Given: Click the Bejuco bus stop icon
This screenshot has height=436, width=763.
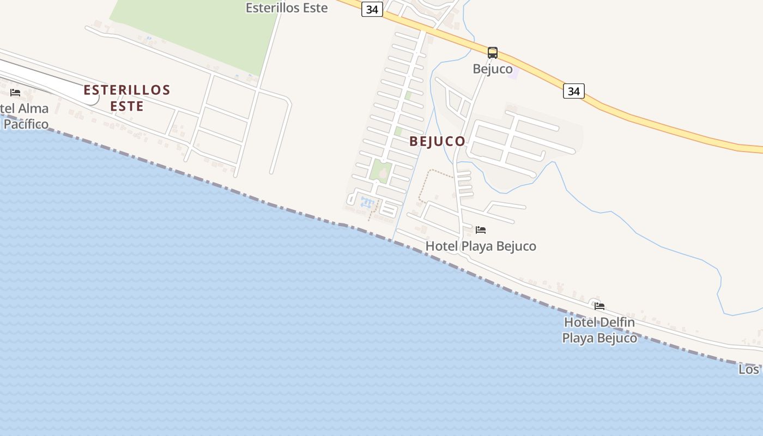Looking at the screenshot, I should pyautogui.click(x=493, y=53).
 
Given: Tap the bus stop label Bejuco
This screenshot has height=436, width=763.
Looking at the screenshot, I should pyautogui.click(x=493, y=69).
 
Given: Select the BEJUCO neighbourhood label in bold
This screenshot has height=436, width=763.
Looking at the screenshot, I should pyautogui.click(x=438, y=141).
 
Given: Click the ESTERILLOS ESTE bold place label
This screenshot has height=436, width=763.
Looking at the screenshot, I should pyautogui.click(x=127, y=98).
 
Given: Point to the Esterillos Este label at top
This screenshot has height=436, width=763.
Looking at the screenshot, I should pyautogui.click(x=287, y=8).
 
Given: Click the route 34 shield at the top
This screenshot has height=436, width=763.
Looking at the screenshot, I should pyautogui.click(x=372, y=10).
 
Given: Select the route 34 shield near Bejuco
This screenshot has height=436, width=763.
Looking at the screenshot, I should pyautogui.click(x=573, y=91).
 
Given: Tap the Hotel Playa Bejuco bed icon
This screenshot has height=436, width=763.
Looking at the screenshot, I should pyautogui.click(x=480, y=230).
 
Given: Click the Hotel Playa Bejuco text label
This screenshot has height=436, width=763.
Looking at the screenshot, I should pyautogui.click(x=481, y=246).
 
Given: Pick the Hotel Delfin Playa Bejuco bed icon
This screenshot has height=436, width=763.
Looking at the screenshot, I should pyautogui.click(x=599, y=306).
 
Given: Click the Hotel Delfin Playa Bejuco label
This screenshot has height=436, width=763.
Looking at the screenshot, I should pyautogui.click(x=599, y=330).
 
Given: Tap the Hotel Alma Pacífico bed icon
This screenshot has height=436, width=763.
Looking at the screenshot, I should pyautogui.click(x=15, y=93).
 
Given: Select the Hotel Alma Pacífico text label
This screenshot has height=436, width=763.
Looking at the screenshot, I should pyautogui.click(x=25, y=116).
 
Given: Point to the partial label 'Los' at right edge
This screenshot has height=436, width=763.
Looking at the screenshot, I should pyautogui.click(x=749, y=370).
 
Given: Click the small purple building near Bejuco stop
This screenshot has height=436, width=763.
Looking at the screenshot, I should pyautogui.click(x=512, y=72).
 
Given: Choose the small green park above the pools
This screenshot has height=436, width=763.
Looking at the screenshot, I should pyautogui.click(x=380, y=171).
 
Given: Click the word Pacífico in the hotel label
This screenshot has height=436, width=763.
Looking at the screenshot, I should pyautogui.click(x=26, y=124).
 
